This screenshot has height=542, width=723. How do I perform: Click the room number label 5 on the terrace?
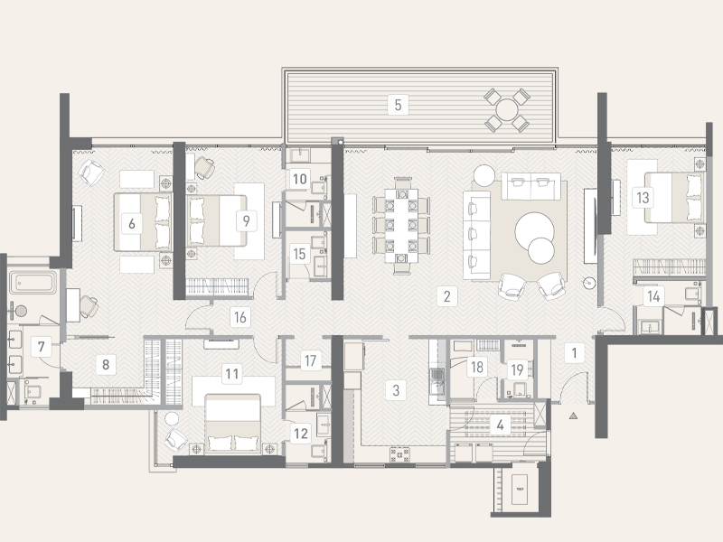(x=397, y=104)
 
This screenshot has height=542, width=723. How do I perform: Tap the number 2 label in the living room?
(x=446, y=295)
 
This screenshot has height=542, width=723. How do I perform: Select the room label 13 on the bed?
(x=643, y=196)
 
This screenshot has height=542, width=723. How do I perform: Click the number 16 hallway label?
(x=239, y=316)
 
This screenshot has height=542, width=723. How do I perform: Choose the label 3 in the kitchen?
(x=395, y=390)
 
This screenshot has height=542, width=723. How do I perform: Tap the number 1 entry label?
(x=571, y=353)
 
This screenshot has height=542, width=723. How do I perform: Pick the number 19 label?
(x=516, y=368)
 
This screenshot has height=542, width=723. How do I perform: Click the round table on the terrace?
(x=506, y=110)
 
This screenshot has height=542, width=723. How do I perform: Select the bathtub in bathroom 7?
(x=33, y=283)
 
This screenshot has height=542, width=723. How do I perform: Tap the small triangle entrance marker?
(x=573, y=416)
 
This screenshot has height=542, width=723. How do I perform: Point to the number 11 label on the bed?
(x=233, y=372)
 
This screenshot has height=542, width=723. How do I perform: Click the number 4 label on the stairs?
(x=499, y=425)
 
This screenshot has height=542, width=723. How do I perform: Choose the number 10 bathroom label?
(x=299, y=178)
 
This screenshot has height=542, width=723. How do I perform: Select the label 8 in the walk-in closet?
(x=107, y=365)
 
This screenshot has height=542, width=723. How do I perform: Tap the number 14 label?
(x=653, y=295)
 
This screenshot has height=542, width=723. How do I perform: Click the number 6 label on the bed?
(x=132, y=221)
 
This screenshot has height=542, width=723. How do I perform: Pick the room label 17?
(x=310, y=360)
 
